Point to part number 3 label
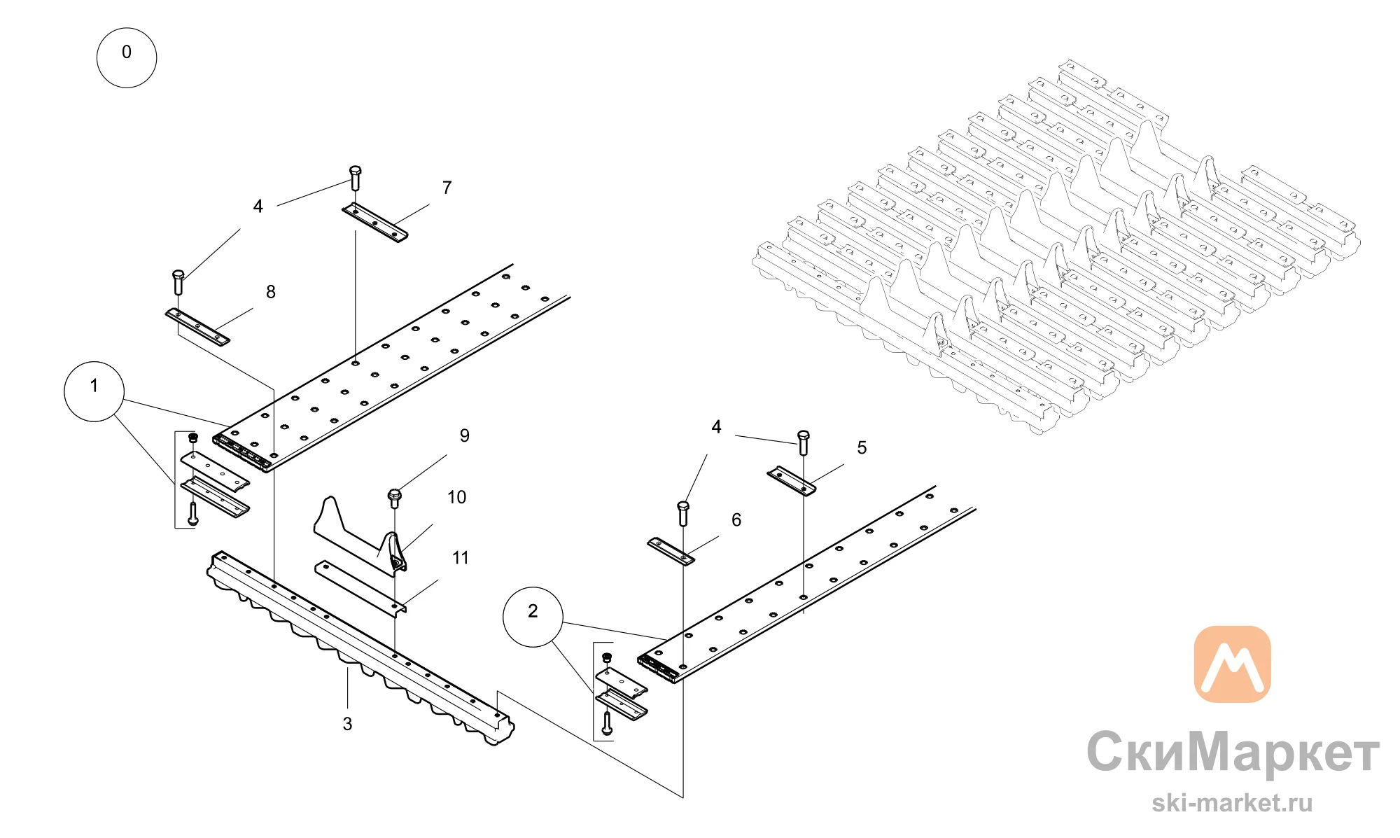[x=347, y=724]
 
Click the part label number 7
[x=447, y=188]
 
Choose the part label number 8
[x=271, y=292]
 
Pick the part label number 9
[x=465, y=435]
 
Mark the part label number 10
[x=456, y=497]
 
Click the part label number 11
[x=460, y=558]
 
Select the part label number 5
[x=862, y=447]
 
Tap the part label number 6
[x=736, y=519]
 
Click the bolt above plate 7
[x=355, y=178]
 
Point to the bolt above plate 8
[x=178, y=281]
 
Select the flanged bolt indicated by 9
[x=395, y=498]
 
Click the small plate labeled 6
[x=671, y=551]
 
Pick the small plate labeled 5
[x=792, y=481]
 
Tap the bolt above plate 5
[x=804, y=442]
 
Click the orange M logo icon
[x=1232, y=664]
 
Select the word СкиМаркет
[x=1233, y=752]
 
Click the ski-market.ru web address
[x=1232, y=803]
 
